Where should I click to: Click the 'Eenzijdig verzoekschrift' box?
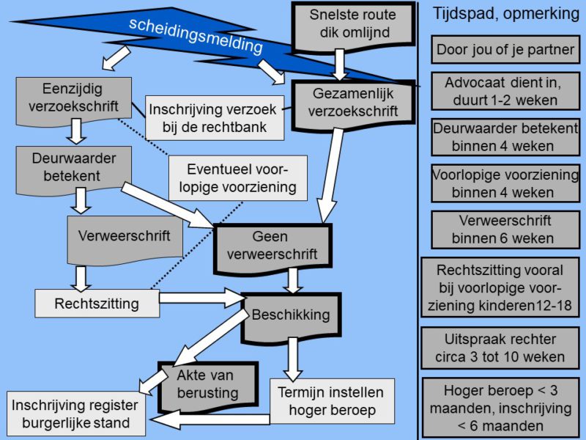click(73, 98)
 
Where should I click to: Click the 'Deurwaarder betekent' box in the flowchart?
click(73, 166)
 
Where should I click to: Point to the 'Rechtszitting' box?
click(97, 303)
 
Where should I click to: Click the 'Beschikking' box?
click(290, 316)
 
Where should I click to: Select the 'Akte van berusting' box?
click(207, 384)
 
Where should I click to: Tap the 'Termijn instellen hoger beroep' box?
click(332, 401)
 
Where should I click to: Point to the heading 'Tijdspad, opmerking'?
click(502, 14)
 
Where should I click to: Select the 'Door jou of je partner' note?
click(505, 51)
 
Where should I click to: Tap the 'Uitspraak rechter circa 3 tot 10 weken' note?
click(501, 349)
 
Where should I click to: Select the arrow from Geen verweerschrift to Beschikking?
click(294, 280)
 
